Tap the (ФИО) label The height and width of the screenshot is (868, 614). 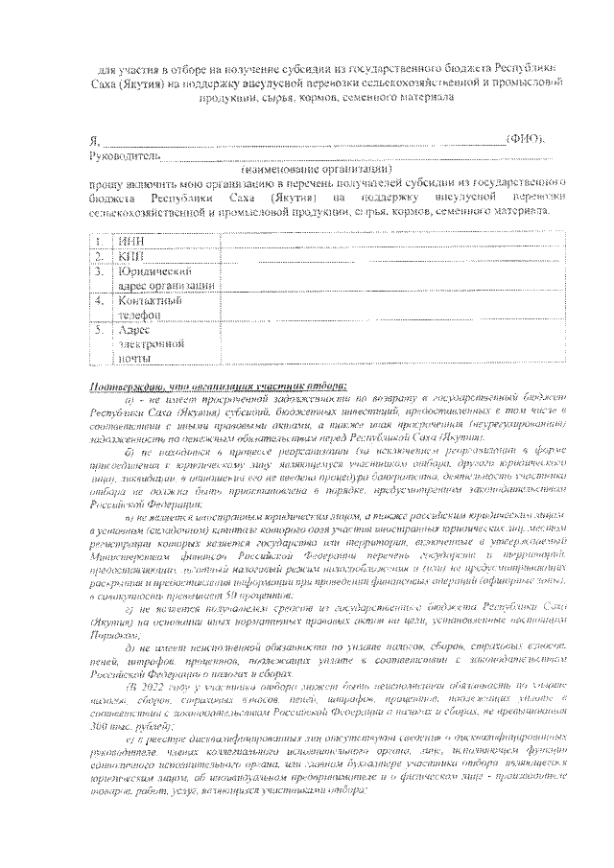pyautogui.click(x=527, y=140)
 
